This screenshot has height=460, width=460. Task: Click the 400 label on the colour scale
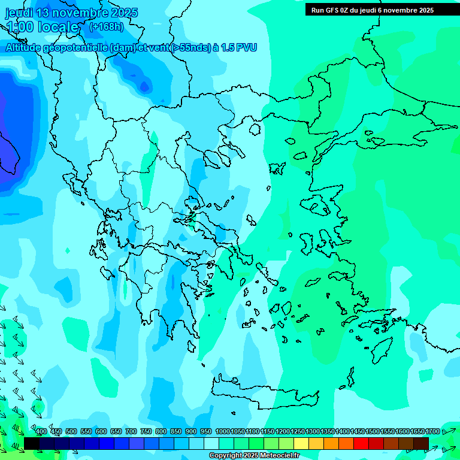(x=41, y=431)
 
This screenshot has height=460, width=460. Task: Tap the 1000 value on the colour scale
(x=223, y=431)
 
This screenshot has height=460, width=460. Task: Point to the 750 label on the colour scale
(x=146, y=431)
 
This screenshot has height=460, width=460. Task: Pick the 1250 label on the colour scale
(x=298, y=431)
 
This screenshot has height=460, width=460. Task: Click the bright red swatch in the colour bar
(x=361, y=443)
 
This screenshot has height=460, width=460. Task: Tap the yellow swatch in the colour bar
(x=301, y=443)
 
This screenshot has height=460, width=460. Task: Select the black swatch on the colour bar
(x=32, y=443)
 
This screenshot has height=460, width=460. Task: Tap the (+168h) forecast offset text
(x=106, y=27)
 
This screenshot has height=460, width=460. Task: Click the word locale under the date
(x=57, y=27)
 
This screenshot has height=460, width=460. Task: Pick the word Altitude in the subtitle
(x=25, y=47)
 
